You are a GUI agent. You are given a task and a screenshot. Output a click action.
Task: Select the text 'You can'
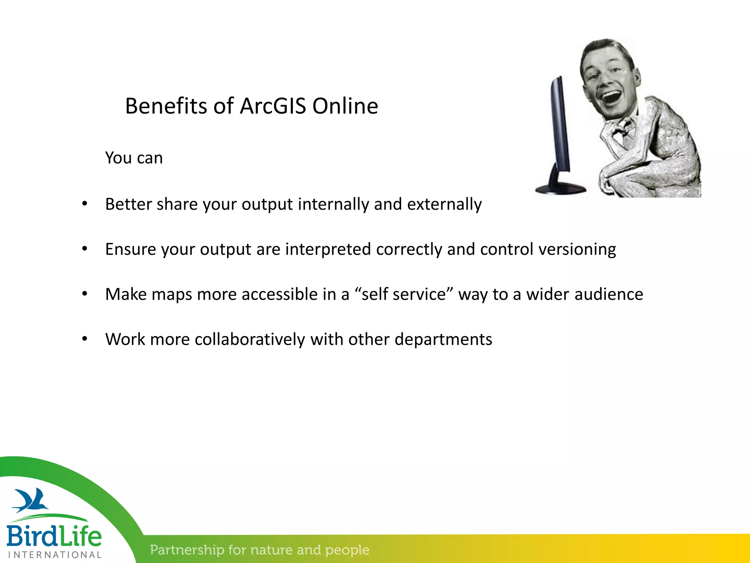click(x=134, y=158)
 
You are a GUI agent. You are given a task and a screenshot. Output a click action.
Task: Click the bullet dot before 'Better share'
click(x=85, y=204)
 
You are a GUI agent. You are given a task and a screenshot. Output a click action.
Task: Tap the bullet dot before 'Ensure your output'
click(x=85, y=249)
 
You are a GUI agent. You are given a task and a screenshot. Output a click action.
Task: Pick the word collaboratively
click(x=250, y=339)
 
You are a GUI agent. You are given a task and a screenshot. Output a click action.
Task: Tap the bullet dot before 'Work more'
click(x=85, y=339)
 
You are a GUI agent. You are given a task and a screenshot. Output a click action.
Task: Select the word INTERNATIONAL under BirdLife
click(x=55, y=555)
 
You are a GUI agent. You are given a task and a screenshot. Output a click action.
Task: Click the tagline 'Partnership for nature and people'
click(x=259, y=550)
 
